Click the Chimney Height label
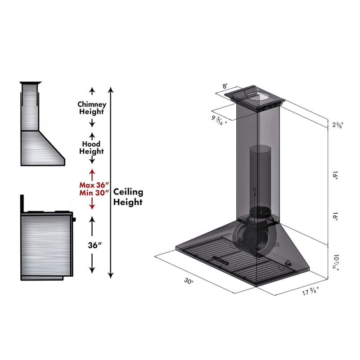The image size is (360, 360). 92,108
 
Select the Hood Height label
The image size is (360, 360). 92,148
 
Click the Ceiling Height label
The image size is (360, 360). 128,197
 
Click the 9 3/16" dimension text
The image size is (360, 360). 220,120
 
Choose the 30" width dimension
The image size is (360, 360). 189,281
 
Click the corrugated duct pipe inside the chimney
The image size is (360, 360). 259,175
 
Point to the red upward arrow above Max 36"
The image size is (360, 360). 92,174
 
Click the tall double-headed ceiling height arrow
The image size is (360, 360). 112,180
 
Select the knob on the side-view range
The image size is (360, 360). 74,220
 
